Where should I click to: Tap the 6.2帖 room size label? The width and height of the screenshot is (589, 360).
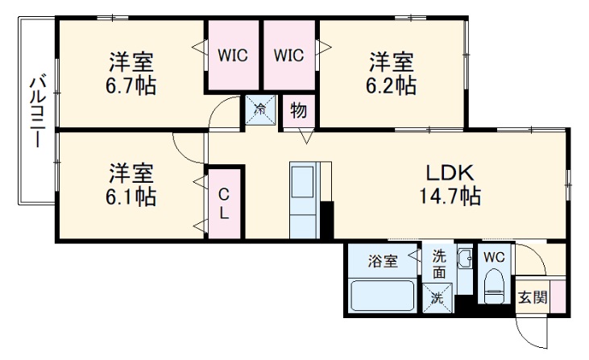tap(392, 85)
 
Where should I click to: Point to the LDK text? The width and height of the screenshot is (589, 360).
tap(449, 172)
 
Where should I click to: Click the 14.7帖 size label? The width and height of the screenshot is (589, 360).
tap(449, 196)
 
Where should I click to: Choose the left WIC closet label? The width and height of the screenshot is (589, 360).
tap(233, 56)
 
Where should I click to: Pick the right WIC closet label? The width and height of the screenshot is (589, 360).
tap(288, 56)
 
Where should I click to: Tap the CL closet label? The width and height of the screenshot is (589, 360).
tap(225, 203)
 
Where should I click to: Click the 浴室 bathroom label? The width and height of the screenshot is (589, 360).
tap(383, 261)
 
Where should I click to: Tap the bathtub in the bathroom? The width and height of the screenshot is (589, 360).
tap(384, 296)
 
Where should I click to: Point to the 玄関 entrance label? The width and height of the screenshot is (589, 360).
tap(532, 297)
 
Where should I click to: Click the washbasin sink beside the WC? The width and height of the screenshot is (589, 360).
tap(465, 261)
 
